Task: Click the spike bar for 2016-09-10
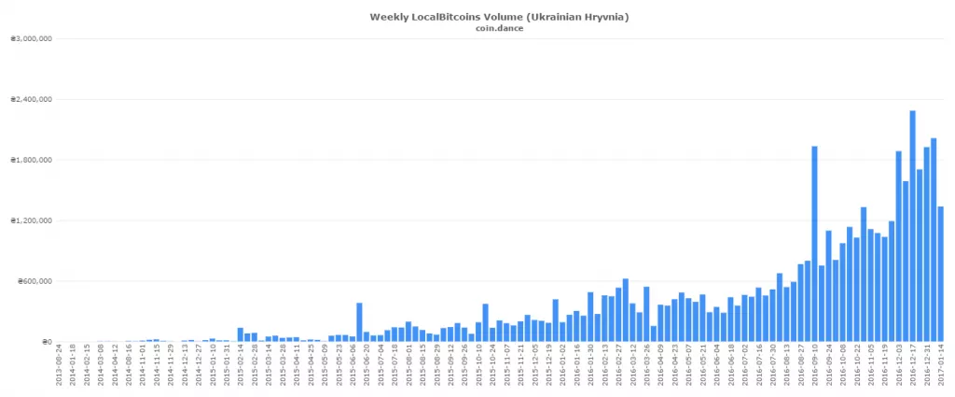[814, 244]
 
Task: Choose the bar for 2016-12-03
[898, 247]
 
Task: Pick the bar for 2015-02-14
[240, 334]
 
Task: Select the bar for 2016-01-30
[590, 317]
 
